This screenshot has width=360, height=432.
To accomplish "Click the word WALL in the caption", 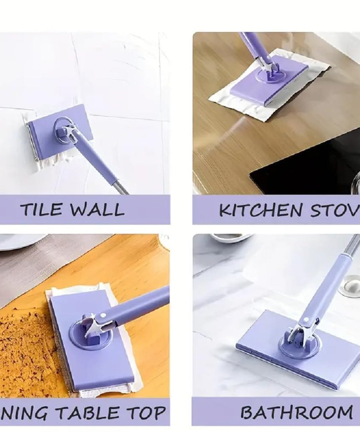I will [x=98, y=209].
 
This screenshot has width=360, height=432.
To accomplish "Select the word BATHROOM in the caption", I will [x=296, y=412].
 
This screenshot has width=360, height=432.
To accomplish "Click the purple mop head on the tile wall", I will [x=43, y=135].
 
